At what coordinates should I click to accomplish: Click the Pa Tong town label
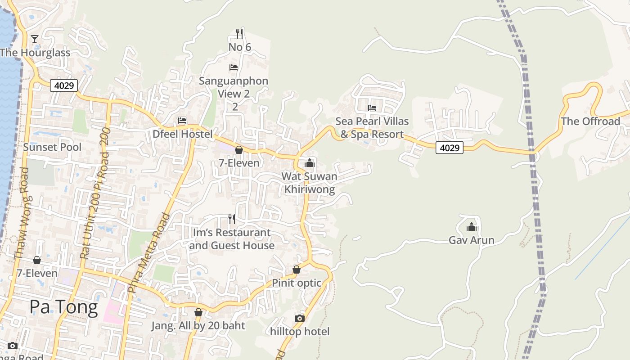click(63, 307)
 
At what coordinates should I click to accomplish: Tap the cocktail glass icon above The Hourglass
click(35, 39)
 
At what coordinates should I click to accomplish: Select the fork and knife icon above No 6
click(239, 33)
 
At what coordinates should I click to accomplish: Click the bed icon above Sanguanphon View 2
click(234, 67)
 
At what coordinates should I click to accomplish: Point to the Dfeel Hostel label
click(182, 134)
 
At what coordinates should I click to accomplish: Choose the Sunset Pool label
click(52, 147)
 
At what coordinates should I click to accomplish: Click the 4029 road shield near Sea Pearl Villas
click(449, 147)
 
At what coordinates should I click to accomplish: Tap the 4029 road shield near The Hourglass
click(64, 85)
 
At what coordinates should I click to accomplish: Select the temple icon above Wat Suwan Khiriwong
click(310, 163)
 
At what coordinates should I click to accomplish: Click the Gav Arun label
click(471, 240)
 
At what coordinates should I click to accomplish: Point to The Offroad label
click(590, 121)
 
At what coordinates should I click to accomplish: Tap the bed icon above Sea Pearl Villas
click(372, 108)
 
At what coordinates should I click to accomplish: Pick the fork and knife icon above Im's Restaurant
click(232, 219)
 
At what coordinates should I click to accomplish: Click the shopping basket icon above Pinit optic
click(297, 270)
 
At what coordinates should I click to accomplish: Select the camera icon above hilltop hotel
click(300, 319)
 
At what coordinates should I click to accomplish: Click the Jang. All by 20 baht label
click(198, 326)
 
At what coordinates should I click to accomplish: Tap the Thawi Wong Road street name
click(22, 214)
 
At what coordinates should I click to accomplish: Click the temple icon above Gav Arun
click(471, 227)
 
